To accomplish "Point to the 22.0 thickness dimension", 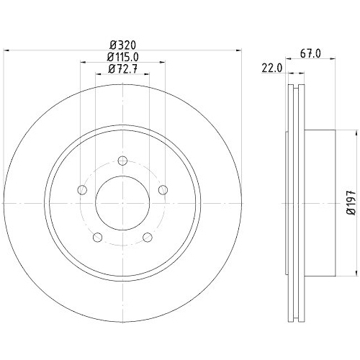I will coord(271,68).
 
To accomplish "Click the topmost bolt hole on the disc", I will coord(122,161).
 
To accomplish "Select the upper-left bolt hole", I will coord(81,190).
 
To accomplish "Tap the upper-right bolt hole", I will coord(163,190).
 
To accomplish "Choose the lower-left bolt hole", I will coord(97,238).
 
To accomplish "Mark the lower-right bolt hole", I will coord(148,238).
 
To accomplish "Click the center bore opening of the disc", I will coord(122,204).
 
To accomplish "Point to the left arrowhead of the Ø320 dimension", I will coord(9,50).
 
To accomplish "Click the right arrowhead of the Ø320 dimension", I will coord(236,50).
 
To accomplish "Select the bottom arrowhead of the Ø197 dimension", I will coord(356,273).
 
